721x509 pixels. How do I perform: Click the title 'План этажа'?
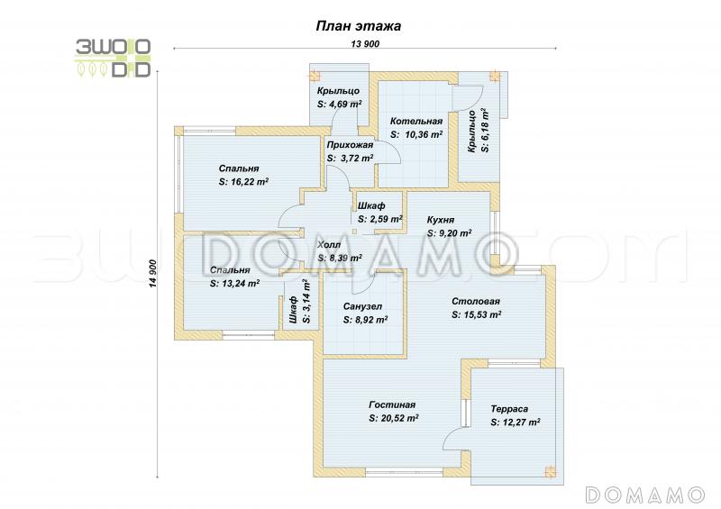[x=358, y=26]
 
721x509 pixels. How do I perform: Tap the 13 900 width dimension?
[x=365, y=43]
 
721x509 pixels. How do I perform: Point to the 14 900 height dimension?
[x=153, y=274]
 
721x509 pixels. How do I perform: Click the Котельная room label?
[x=416, y=121]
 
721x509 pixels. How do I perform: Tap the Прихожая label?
[x=350, y=145]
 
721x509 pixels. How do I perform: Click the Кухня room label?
[x=441, y=220]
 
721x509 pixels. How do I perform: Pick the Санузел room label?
[x=362, y=306]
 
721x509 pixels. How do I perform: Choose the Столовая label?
[x=476, y=301]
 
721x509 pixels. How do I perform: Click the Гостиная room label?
[x=392, y=404]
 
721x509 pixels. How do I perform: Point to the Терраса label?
[x=509, y=409]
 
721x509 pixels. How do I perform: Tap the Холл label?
[x=329, y=245]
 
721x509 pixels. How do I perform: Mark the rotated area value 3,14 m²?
[x=306, y=302]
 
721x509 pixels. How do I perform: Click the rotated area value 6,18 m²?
[x=484, y=130]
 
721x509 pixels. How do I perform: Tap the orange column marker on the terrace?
[x=550, y=471]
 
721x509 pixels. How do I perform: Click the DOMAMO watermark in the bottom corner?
[x=645, y=495]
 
